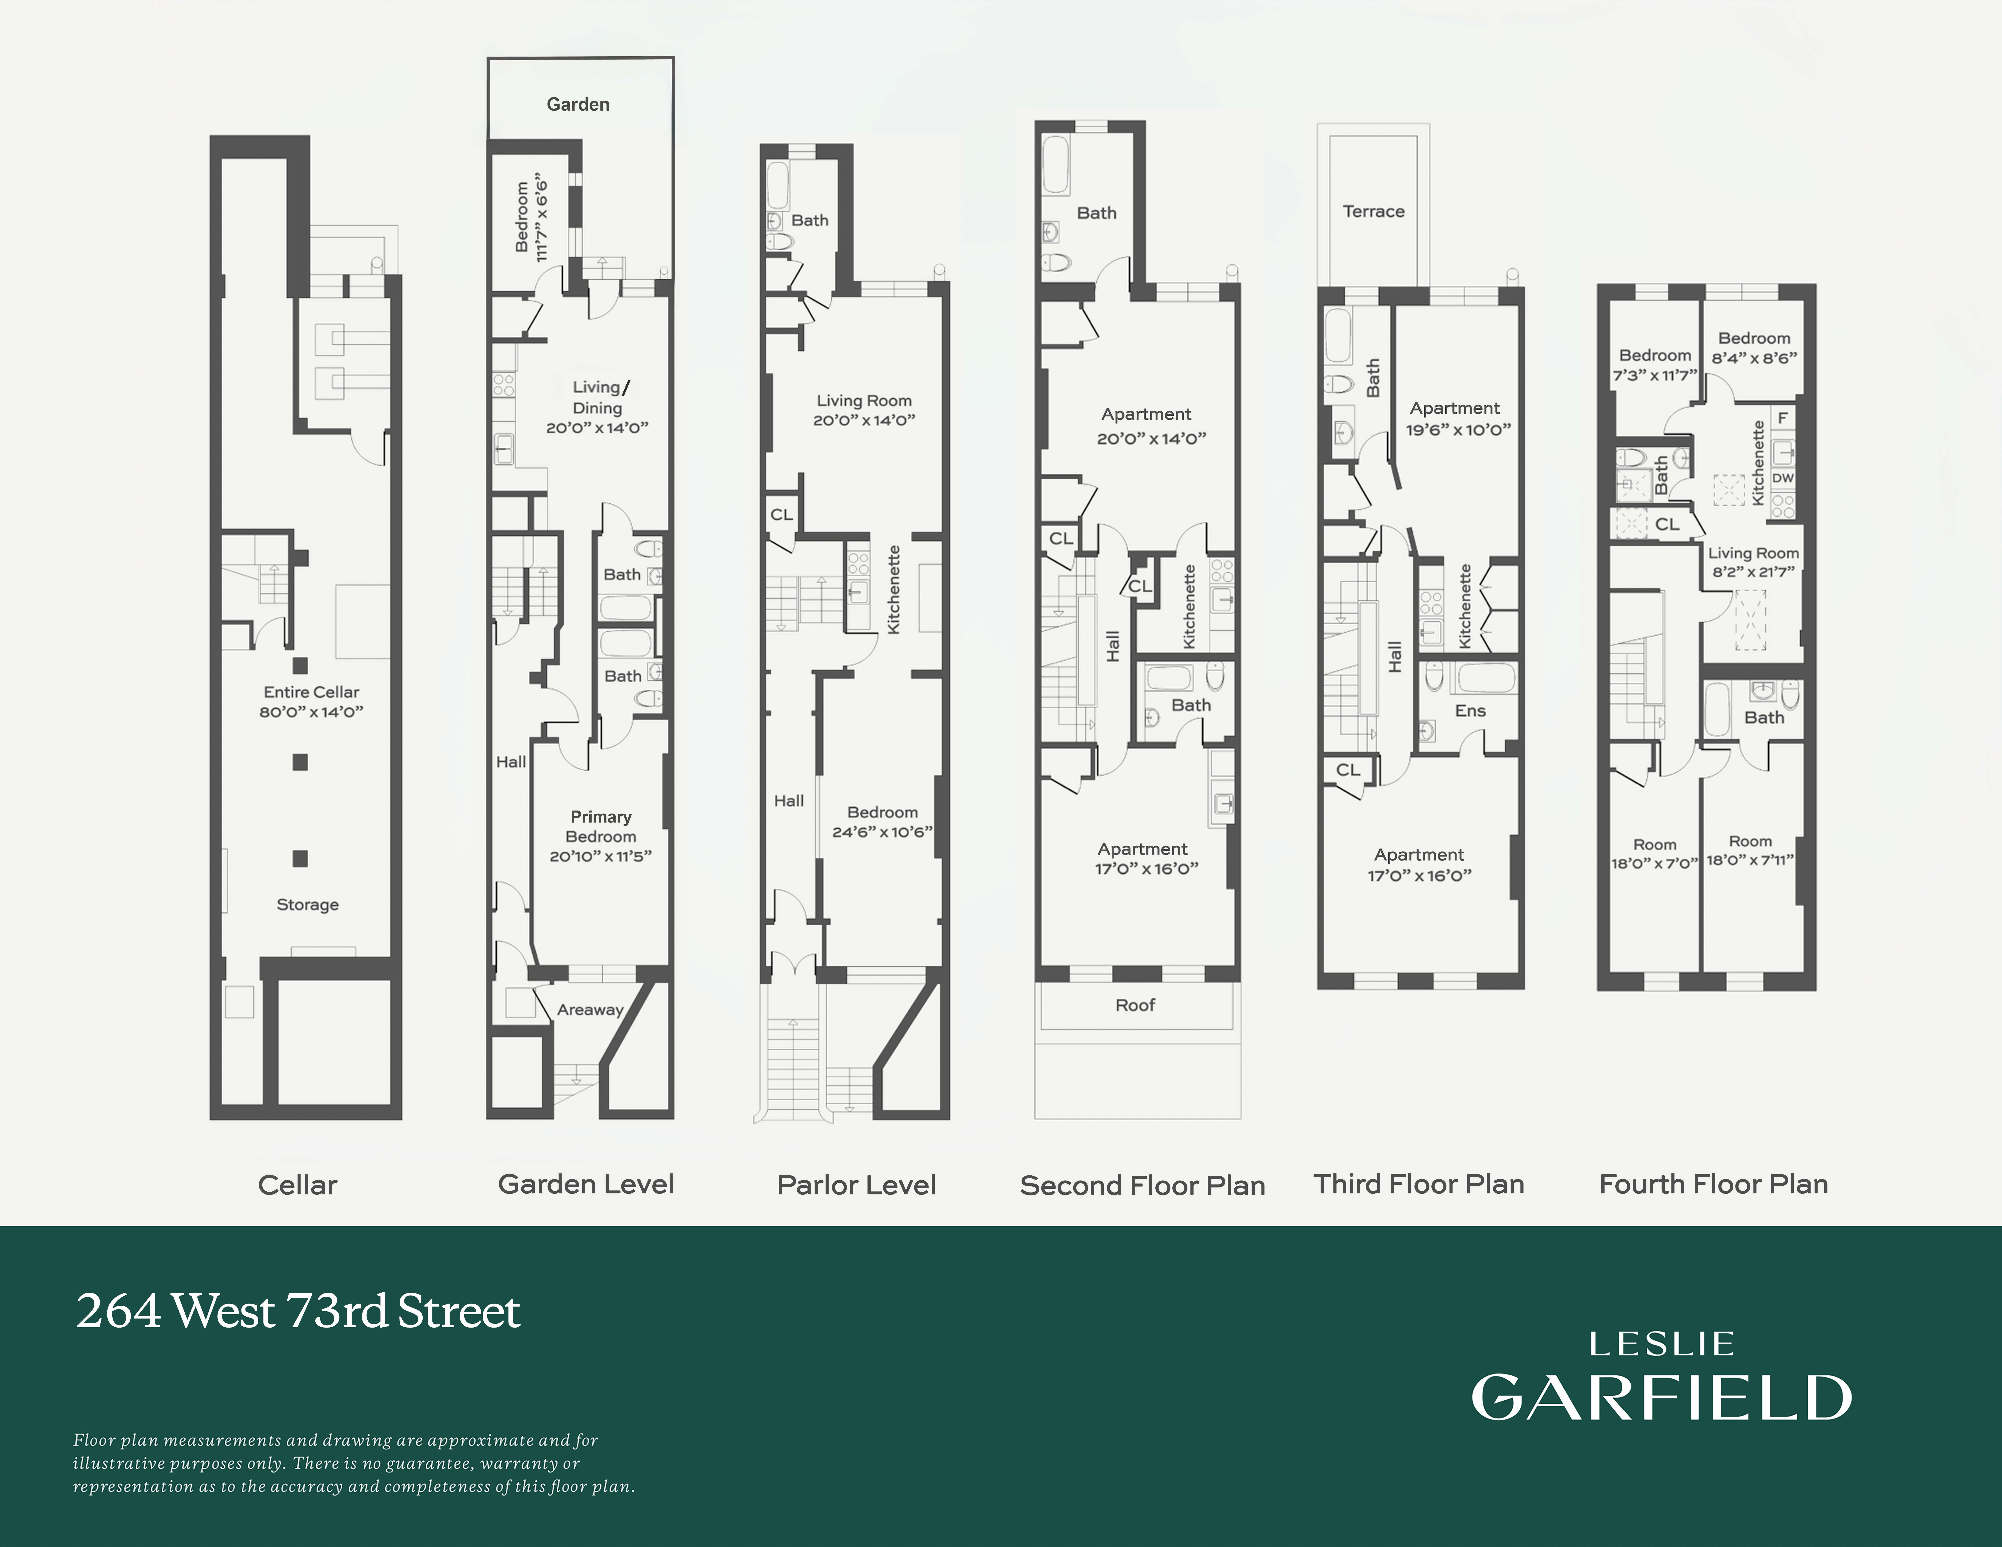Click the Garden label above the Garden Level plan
coord(578,105)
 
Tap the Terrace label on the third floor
coord(1373,212)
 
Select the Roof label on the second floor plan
coord(1135,1005)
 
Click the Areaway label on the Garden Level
coord(590,1010)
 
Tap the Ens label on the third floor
coord(1469,711)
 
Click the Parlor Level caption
coord(856,1185)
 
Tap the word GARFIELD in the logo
coord(1661,1398)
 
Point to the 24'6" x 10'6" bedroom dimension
coord(882,832)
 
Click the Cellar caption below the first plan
coord(297,1185)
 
